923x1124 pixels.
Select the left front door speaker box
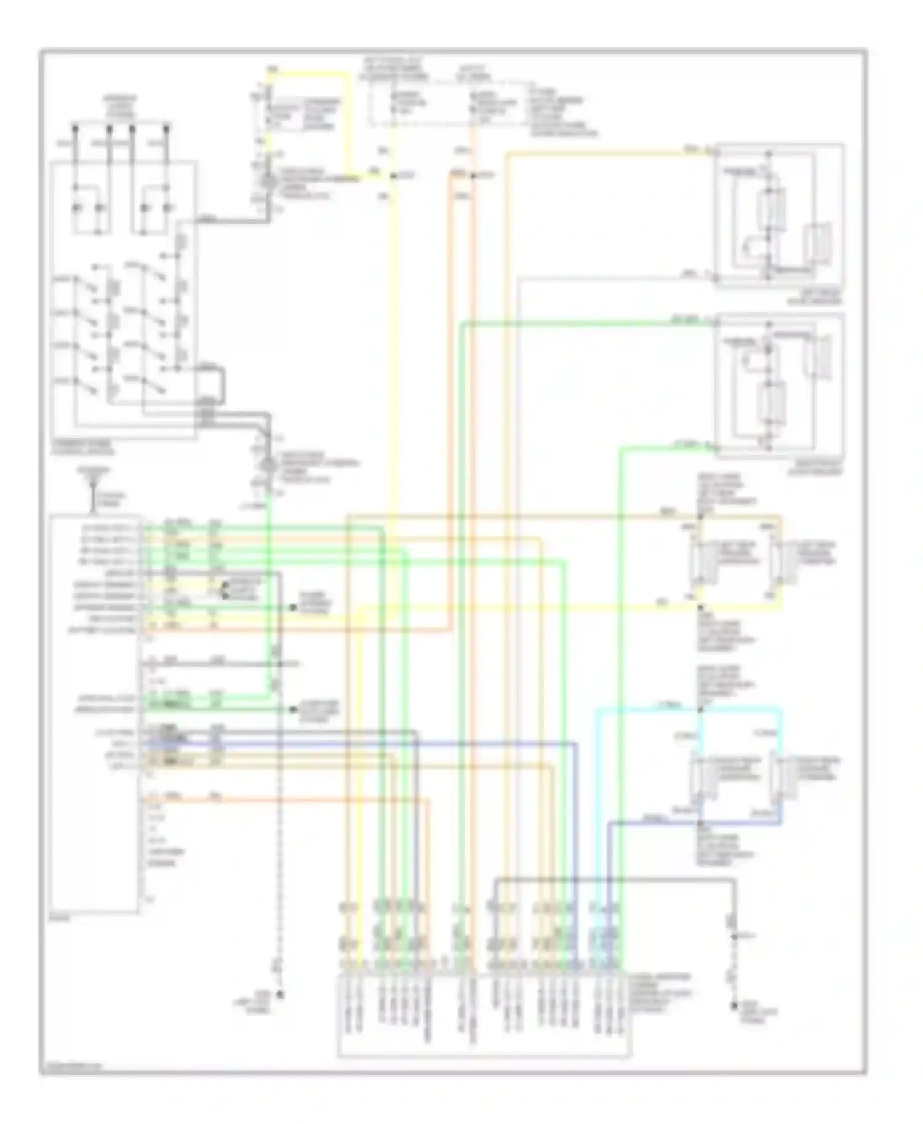[x=778, y=215]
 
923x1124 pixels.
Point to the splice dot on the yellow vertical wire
[x=393, y=176]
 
